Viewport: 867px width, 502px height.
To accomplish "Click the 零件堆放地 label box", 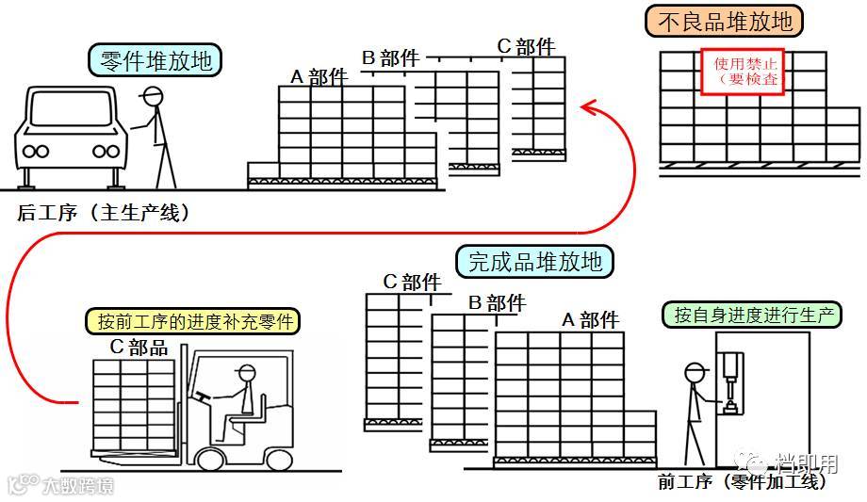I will pos(156,61).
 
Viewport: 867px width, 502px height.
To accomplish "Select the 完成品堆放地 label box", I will pos(534,261).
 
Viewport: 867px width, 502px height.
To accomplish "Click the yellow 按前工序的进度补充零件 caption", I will pos(196,320).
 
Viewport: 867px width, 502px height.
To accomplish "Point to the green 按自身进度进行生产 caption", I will pos(757,314).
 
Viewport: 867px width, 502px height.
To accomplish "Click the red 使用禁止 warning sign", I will pos(742,72).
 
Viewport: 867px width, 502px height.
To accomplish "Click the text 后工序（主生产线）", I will pos(104,213).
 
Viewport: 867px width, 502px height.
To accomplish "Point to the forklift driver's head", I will pos(247,372).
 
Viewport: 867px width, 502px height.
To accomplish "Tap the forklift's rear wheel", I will pos(279,458).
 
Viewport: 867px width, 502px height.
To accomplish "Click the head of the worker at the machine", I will pos(695,374).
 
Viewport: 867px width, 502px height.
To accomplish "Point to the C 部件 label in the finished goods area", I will pos(412,282).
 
